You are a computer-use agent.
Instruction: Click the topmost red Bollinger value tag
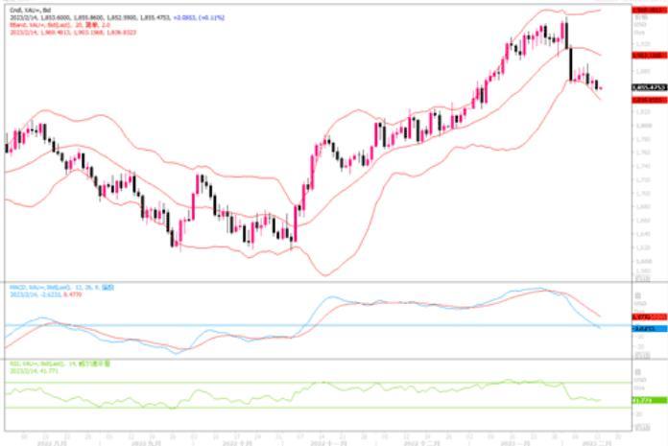[x=648, y=9]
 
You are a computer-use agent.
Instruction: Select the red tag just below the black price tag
[x=648, y=99]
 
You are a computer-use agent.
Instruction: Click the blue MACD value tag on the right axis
[x=644, y=328]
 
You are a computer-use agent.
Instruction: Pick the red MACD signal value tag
[x=644, y=317]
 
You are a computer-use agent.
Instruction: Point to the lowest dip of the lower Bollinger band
[x=326, y=275]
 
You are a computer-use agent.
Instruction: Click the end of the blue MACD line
[x=601, y=328]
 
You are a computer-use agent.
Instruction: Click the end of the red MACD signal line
[x=601, y=317]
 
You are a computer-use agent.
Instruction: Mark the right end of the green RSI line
[x=601, y=400]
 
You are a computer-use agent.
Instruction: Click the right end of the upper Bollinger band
[x=601, y=10]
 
